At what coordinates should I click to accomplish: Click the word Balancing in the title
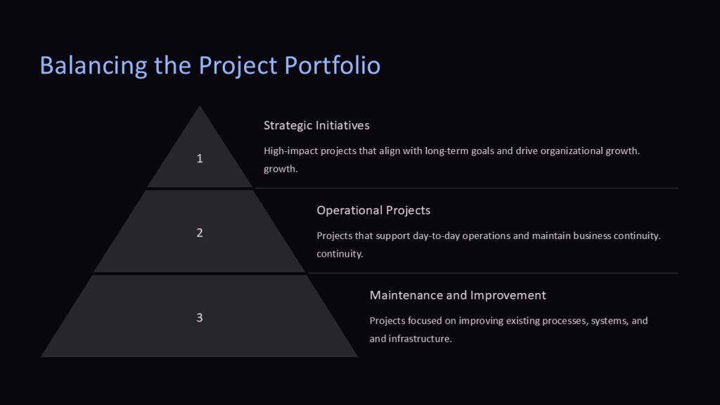pos(94,65)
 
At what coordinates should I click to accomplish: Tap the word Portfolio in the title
pos(333,65)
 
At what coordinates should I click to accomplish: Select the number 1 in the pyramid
pos(200,159)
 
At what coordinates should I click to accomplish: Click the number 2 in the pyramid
pos(200,233)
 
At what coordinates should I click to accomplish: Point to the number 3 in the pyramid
pos(200,318)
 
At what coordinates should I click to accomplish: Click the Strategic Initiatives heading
pos(316,125)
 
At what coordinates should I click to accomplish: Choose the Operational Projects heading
pos(373,210)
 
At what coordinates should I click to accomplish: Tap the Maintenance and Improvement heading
pos(458,295)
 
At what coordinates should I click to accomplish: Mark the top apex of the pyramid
pos(200,107)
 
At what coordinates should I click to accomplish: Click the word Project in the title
pos(238,65)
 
